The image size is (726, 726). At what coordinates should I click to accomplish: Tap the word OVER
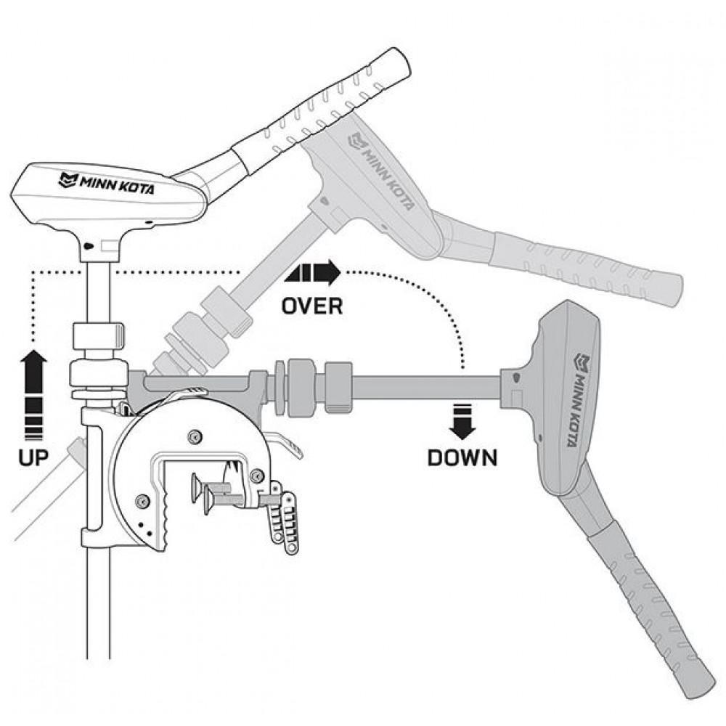(x=312, y=306)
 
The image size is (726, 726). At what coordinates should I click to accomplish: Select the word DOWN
(x=462, y=457)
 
